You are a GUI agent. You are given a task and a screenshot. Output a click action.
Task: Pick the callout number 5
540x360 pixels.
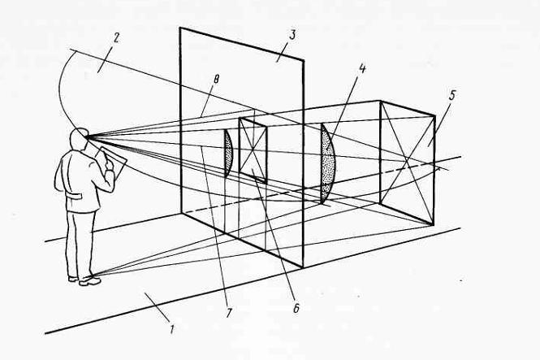tap(451, 94)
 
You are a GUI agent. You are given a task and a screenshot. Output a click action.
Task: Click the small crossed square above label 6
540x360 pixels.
tap(253, 149)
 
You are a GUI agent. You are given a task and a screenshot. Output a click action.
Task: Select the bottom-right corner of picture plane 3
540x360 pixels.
tap(304, 267)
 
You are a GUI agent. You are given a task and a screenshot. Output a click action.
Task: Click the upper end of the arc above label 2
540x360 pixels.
tap(69, 50)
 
